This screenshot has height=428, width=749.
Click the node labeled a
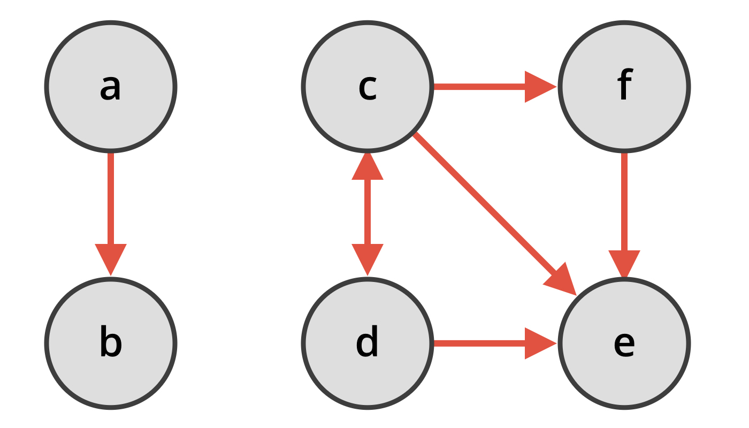(x=111, y=87)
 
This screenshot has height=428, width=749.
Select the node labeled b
(x=111, y=343)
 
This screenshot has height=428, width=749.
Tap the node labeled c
(x=367, y=87)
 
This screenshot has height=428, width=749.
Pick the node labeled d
(x=367, y=343)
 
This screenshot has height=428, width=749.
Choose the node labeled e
(x=624, y=343)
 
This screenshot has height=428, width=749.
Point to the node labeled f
(x=624, y=87)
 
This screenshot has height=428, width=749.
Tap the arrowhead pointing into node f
(x=539, y=87)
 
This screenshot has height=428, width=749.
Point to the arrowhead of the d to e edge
(x=539, y=343)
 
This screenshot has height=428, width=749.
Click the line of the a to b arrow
(x=111, y=198)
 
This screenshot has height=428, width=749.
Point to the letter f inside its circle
(x=624, y=86)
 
